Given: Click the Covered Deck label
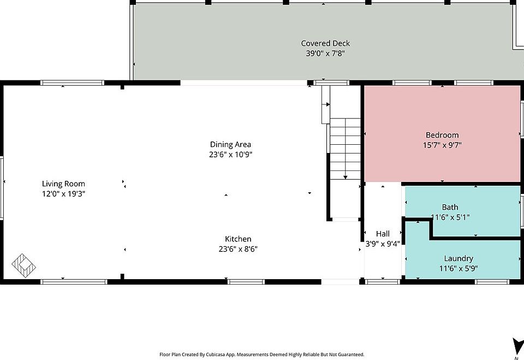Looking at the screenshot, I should point(325,43).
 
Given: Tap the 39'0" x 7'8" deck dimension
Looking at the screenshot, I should point(325,54).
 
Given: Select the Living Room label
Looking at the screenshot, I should point(64,184).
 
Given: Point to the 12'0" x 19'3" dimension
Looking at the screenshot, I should point(64,194).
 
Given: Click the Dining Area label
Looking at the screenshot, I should point(230,145).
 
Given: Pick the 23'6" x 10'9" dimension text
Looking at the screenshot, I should point(230,155).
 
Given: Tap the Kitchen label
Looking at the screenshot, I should point(238,239).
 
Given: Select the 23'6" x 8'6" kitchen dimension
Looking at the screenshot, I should point(238,249).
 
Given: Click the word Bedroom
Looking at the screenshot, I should point(442,135).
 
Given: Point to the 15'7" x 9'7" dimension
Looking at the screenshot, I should point(442,145).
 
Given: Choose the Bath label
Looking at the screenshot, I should point(450,207).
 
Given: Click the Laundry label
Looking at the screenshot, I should point(458,258).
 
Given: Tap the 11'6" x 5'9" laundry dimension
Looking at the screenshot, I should point(458,268).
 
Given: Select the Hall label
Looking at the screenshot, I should point(383,234).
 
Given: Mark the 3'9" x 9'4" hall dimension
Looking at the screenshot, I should point(383,244).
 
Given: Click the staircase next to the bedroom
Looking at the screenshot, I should point(345,150).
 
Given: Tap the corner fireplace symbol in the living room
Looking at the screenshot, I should point(25,265).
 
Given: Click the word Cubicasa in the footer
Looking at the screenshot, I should point(217,355).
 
